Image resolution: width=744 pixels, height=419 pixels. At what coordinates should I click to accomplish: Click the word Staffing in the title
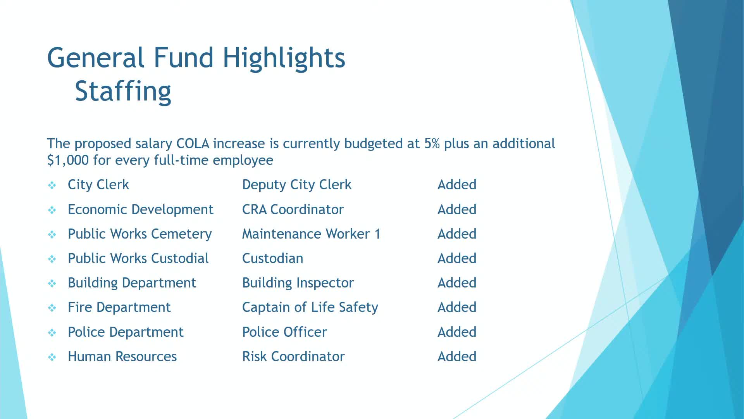pos(123,92)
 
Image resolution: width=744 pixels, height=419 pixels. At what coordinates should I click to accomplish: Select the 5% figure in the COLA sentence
pos(432,144)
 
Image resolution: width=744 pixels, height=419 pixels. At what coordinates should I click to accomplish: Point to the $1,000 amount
pos(68,160)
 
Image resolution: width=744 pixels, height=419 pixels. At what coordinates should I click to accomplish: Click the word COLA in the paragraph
pos(193,144)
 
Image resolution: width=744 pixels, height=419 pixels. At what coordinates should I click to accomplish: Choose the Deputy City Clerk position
pos(296,185)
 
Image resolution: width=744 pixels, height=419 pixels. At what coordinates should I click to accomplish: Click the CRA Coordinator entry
pos(293,209)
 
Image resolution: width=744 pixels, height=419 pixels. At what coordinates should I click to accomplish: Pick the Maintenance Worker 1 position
pos(311,234)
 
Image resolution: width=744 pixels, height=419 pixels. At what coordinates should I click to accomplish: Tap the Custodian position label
pos(272,258)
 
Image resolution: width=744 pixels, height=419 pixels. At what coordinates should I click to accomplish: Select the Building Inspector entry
pos(298,283)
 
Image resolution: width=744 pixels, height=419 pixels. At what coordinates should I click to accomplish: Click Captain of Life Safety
pos(310,307)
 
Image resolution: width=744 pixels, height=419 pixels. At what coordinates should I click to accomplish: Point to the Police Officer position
pos(284,332)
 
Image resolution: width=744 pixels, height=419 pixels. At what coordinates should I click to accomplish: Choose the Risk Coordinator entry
pos(293,357)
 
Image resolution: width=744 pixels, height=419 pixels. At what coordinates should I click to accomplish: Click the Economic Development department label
pos(140,209)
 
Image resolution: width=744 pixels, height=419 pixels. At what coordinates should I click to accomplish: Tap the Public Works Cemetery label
pos(139,234)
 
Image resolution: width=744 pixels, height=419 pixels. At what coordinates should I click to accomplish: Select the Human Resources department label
pos(122,357)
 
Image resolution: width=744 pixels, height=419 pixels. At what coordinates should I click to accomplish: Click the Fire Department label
pos(119,307)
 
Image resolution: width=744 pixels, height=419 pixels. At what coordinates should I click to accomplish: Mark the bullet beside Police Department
pos(52,332)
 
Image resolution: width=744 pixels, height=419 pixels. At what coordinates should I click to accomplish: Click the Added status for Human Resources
pos(456,357)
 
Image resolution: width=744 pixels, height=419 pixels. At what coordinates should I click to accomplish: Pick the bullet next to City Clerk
pos(52,185)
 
